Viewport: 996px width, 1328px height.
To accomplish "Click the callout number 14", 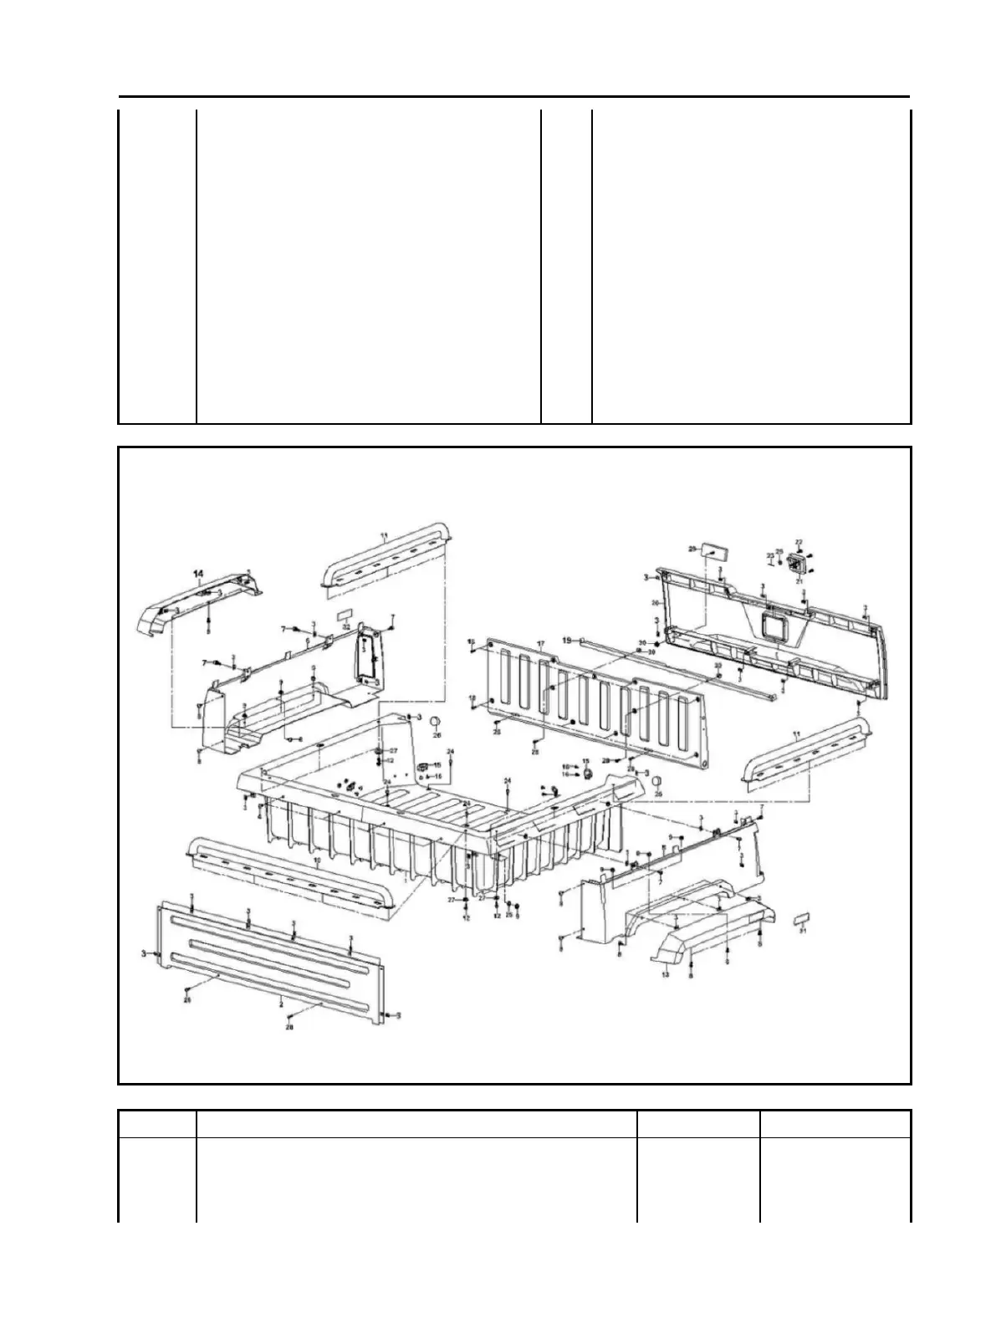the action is coord(199,574).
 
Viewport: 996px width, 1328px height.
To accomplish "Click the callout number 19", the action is coord(567,640).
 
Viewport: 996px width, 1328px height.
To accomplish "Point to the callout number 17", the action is coord(541,644).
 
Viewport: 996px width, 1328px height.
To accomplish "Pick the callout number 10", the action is coord(317,860).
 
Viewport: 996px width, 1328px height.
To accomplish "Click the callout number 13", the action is coord(666,974).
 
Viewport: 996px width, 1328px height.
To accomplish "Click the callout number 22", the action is coord(799,543).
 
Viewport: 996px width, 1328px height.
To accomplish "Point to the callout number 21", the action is coord(799,580).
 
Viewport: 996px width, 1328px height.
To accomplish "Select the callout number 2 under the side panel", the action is coord(281,1001).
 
